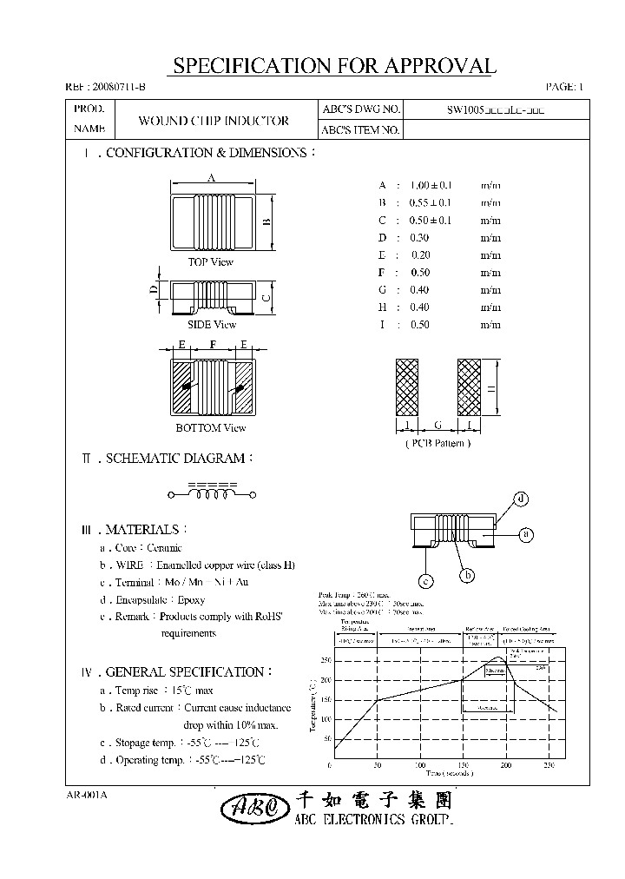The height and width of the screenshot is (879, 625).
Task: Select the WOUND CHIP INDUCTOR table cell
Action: pos(214,121)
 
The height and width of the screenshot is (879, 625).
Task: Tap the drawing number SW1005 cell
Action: pos(497,110)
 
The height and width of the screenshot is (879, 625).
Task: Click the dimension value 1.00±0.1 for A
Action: pos(430,185)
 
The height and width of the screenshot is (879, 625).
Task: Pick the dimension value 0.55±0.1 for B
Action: pos(430,202)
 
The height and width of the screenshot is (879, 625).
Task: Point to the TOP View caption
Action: pos(211,261)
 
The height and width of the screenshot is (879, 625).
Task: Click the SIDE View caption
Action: pos(211,325)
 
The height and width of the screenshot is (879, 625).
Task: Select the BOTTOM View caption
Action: pos(211,427)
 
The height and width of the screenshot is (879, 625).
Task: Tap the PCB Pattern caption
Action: pos(437,443)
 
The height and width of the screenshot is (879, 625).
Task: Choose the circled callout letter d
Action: pos(521,499)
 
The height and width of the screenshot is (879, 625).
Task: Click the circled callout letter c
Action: pos(426,581)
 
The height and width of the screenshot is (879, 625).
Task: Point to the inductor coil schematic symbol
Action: pos(212,494)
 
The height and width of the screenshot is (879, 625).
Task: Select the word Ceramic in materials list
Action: pos(165,548)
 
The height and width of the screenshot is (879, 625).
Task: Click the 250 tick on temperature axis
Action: pos(326,660)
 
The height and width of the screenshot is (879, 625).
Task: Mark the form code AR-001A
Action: pos(85,795)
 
